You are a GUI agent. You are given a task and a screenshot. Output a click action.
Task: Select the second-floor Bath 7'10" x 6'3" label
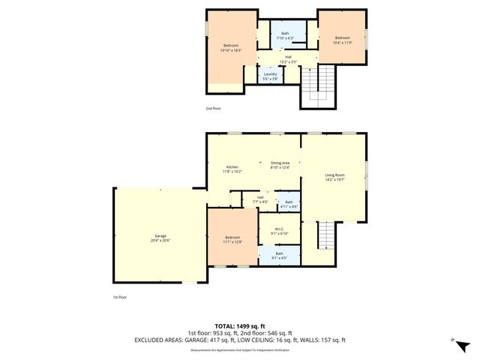click(285, 35)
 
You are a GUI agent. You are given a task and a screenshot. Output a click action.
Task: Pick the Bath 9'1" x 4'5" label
click(279, 256)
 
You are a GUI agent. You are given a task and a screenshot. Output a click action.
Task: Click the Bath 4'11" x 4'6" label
click(289, 204)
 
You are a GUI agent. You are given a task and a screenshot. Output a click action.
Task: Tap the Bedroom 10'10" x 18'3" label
click(225, 47)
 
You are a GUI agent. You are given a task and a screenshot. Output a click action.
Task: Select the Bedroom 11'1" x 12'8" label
click(232, 238)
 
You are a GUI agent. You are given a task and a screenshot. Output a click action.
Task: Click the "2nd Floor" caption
click(213, 108)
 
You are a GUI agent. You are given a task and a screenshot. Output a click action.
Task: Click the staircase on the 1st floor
click(326, 237)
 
